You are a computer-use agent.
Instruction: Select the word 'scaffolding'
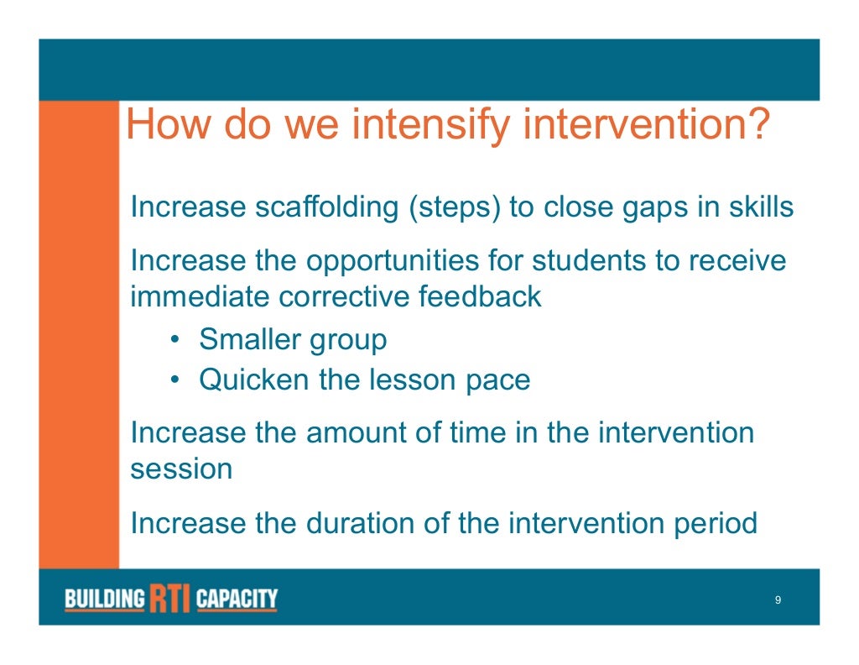326,208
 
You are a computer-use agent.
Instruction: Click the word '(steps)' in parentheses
454,208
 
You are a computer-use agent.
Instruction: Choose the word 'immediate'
199,296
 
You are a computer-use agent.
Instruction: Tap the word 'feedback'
480,296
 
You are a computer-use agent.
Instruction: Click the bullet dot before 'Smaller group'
174,339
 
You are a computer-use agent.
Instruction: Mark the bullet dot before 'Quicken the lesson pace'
174,380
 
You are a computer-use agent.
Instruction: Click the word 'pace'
498,382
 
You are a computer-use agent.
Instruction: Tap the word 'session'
181,470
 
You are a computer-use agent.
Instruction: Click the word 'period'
716,524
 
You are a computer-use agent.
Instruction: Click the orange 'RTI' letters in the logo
170,598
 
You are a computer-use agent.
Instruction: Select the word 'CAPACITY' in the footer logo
237,598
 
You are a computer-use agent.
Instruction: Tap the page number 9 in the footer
778,600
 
